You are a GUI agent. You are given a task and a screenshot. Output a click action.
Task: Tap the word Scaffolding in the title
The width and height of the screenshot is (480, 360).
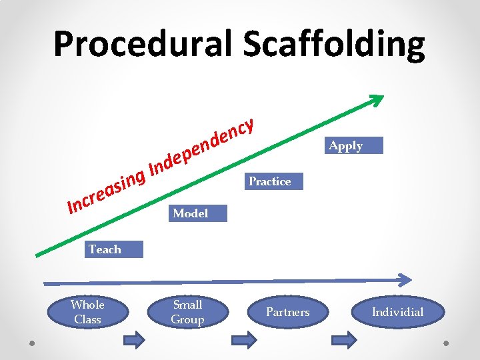coord(333,45)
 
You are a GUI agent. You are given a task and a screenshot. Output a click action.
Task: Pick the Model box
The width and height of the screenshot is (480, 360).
coord(197,213)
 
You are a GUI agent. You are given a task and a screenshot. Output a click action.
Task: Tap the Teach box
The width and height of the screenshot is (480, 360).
coord(114,249)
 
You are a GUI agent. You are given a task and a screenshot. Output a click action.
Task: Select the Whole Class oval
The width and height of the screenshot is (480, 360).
coord(87,312)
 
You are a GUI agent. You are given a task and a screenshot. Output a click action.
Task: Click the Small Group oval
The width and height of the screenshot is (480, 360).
coord(187,312)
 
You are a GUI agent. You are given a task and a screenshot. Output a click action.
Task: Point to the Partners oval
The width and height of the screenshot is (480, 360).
coord(287,312)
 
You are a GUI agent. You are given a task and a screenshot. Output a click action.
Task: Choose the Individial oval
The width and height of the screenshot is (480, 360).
coord(397,312)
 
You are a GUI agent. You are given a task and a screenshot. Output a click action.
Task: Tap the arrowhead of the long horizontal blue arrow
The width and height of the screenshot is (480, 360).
coord(405,279)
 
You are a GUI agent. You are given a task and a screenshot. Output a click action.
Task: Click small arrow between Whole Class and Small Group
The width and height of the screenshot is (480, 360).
coord(135,340)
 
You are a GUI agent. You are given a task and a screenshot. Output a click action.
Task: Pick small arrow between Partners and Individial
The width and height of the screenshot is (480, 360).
coord(345,340)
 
